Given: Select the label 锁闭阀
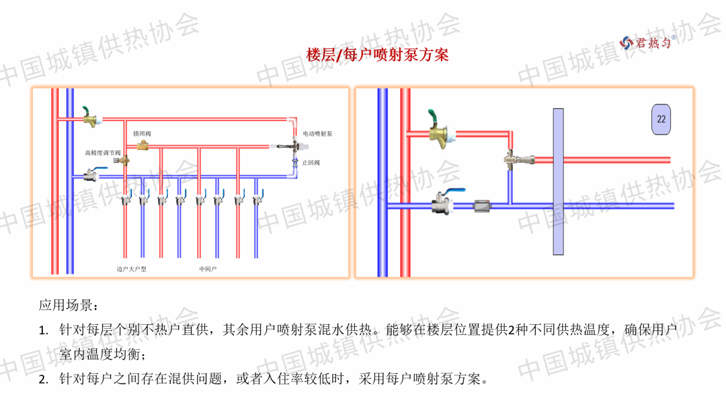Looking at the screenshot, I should (143, 133).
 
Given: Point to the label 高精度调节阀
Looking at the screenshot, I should (102, 153).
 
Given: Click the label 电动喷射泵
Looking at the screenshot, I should (318, 134).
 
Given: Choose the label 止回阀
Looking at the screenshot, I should (311, 163).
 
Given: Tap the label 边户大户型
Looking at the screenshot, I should (131, 269).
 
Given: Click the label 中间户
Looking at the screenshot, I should (208, 269).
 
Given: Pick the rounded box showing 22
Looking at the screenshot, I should (661, 119).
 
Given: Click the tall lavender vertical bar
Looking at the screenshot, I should (558, 182).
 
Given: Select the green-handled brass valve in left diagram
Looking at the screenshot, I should (89, 118).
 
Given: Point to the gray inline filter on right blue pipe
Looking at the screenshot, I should (484, 205).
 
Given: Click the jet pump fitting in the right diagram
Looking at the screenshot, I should (514, 159).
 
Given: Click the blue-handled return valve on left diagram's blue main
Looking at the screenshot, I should (90, 176).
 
